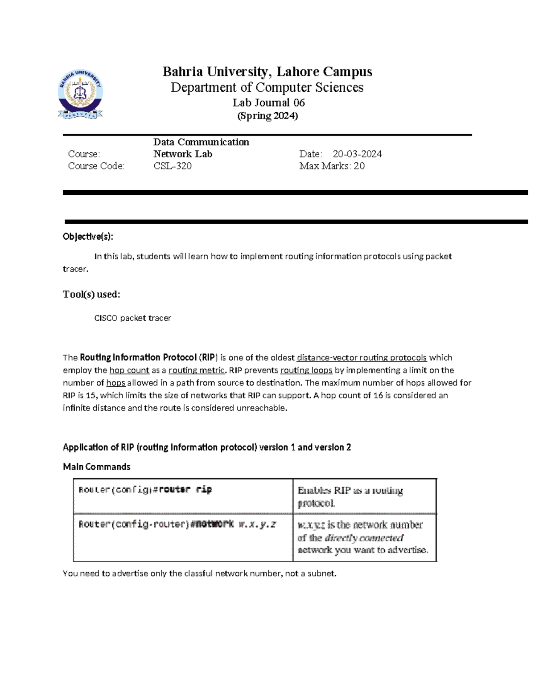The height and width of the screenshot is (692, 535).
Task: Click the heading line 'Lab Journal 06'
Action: [268, 103]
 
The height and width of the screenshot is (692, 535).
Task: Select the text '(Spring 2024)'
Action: [267, 116]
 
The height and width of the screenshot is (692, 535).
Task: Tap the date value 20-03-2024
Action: [357, 154]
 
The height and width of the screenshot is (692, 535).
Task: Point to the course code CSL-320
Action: [173, 166]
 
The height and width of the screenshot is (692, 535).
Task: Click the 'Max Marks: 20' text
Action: [332, 166]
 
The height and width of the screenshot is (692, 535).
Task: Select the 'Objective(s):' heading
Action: [88, 237]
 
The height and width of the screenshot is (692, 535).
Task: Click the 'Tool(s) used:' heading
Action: [91, 295]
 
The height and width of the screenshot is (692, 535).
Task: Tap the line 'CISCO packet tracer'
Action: [132, 318]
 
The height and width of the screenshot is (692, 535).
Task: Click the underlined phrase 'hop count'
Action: [129, 370]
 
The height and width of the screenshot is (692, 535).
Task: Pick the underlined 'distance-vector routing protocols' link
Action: [362, 358]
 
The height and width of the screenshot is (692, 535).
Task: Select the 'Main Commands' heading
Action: [96, 467]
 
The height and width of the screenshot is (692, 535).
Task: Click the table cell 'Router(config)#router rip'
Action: [145, 490]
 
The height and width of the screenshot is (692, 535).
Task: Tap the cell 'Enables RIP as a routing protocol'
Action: [350, 496]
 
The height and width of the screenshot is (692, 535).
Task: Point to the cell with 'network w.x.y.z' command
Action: [177, 524]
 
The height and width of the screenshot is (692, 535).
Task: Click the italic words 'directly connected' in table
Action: [364, 538]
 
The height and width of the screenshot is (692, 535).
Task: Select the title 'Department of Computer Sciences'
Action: [267, 87]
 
